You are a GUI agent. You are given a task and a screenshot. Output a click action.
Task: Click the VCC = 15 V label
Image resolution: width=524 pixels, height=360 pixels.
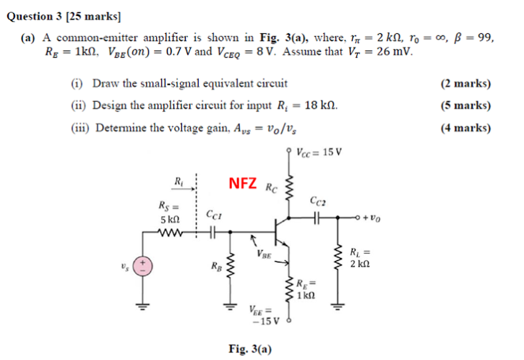319,153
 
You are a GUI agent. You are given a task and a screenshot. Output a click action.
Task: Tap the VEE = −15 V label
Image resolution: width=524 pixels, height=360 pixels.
258,316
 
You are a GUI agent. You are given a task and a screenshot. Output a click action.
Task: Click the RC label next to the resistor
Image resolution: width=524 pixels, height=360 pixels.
272,190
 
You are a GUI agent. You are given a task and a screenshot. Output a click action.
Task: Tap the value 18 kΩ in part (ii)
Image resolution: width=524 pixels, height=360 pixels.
317,106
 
